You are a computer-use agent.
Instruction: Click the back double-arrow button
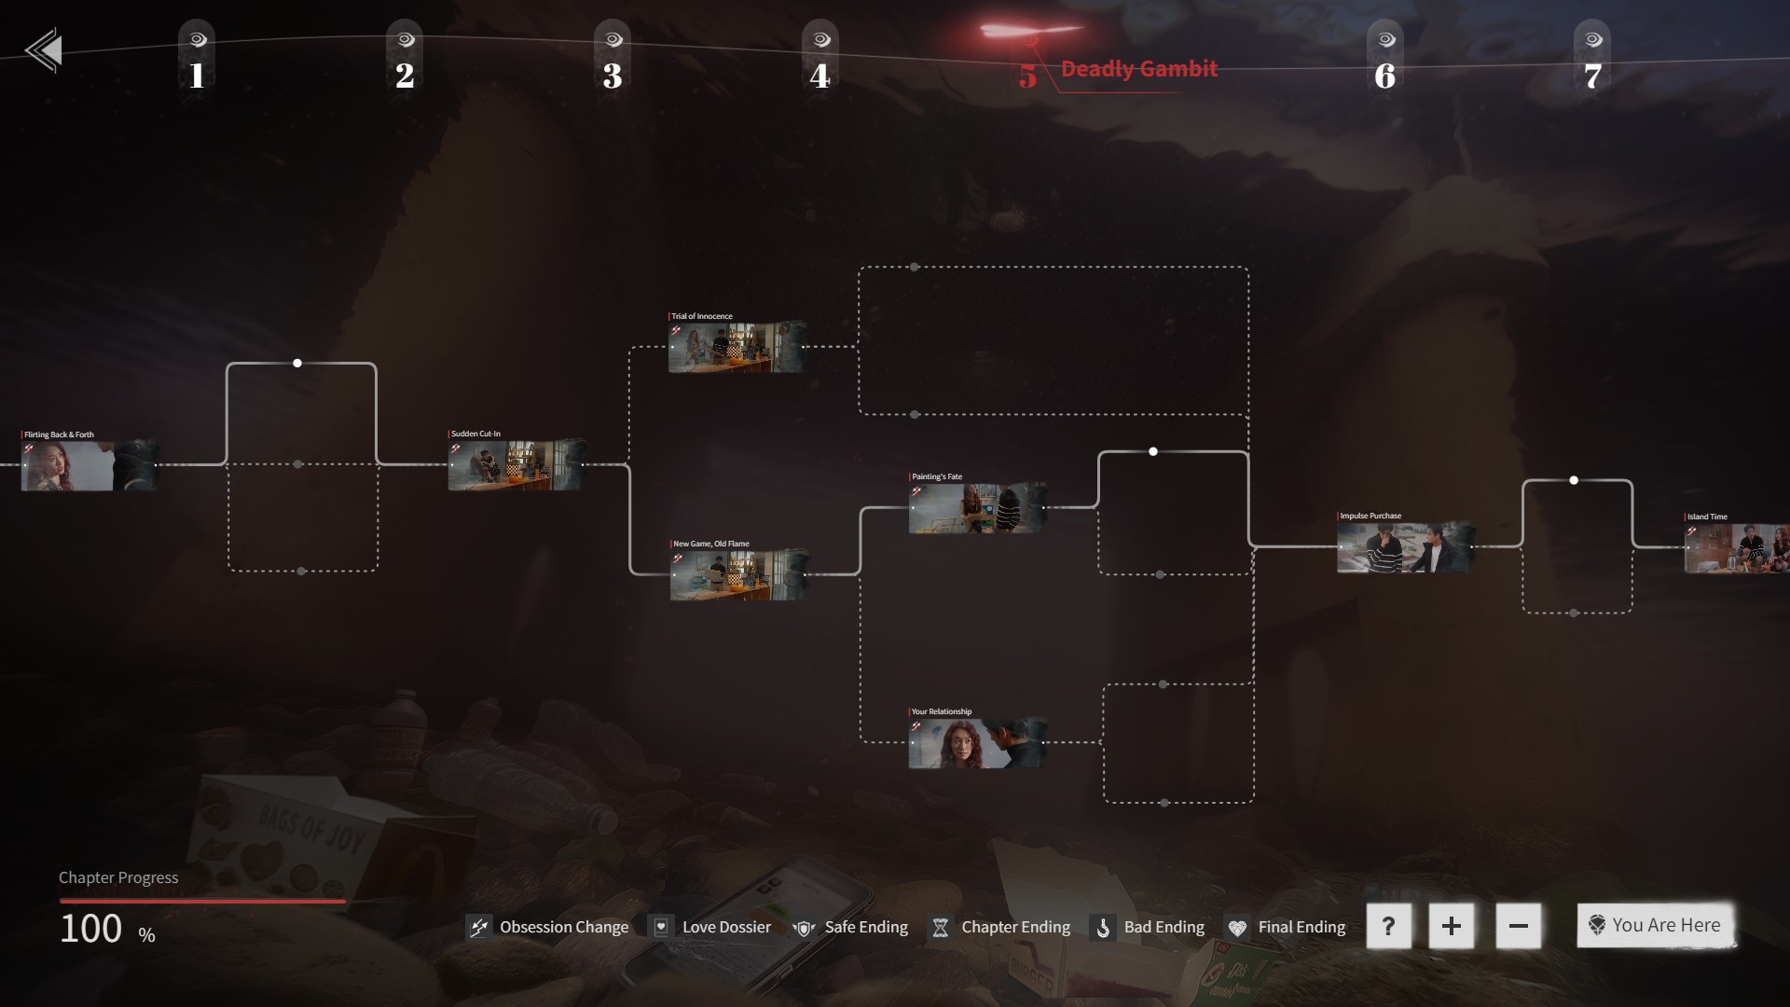click(44, 50)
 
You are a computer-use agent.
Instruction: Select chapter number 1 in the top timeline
click(197, 74)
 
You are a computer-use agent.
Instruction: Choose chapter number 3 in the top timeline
click(613, 74)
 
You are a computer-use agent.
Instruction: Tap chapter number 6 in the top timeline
click(1385, 74)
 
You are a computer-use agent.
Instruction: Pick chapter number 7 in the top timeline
click(1592, 74)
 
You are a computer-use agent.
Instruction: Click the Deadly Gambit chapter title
click(1138, 69)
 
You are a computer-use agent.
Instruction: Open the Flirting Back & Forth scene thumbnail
click(89, 465)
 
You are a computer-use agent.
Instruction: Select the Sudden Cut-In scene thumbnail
click(516, 464)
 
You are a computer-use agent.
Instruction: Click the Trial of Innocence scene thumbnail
click(737, 348)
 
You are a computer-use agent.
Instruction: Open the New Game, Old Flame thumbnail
click(738, 575)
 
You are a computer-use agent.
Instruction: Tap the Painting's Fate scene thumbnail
click(977, 508)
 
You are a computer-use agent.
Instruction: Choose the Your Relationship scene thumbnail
click(977, 743)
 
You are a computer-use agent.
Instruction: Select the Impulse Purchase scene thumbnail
click(1405, 547)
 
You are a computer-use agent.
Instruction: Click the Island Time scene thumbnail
click(1736, 548)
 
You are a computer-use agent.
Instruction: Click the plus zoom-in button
click(1451, 926)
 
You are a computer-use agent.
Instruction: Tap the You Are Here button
click(1655, 925)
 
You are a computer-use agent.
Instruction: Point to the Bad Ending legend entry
click(1149, 927)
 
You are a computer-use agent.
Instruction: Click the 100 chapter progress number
click(91, 929)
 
